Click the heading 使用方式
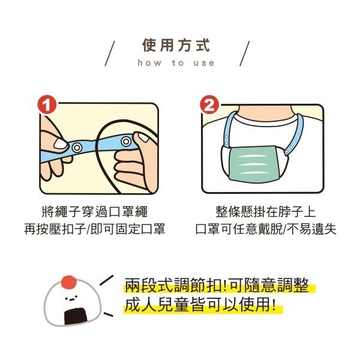click(x=176, y=45)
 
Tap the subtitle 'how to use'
click(x=176, y=62)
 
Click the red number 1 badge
click(x=47, y=105)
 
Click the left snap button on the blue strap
click(x=77, y=148)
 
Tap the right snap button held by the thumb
click(x=126, y=141)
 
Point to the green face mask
click(x=253, y=164)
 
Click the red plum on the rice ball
click(x=69, y=282)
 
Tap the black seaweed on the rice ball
click(x=76, y=316)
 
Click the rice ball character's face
click(x=70, y=299)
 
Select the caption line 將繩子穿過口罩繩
click(x=94, y=211)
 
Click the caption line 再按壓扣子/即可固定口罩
click(x=94, y=229)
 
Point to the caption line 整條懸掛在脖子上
click(x=265, y=211)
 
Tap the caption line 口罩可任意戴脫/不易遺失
click(x=266, y=229)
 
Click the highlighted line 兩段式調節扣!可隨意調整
click(x=217, y=286)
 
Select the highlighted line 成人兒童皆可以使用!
click(x=200, y=305)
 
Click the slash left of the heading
click(x=110, y=53)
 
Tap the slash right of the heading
click(x=245, y=53)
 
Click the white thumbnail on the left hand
click(x=60, y=144)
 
